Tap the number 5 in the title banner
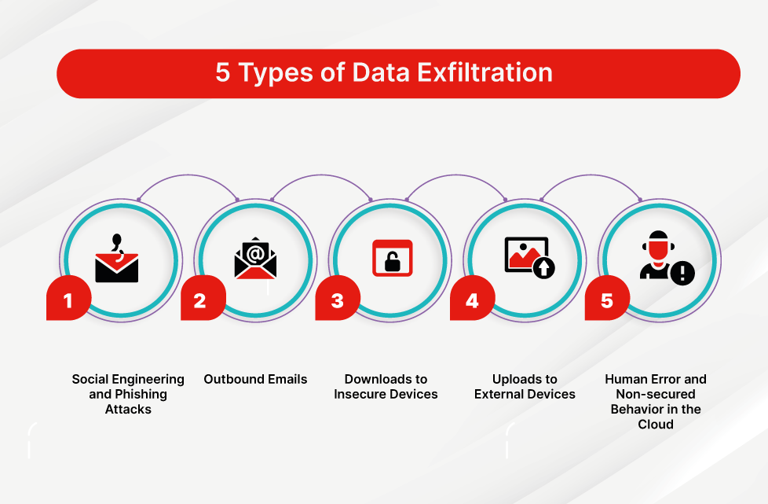(x=223, y=73)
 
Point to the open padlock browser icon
(x=392, y=258)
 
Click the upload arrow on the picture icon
(x=543, y=268)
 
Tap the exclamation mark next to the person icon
(x=682, y=273)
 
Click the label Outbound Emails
(x=255, y=379)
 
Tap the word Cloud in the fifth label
(x=656, y=424)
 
